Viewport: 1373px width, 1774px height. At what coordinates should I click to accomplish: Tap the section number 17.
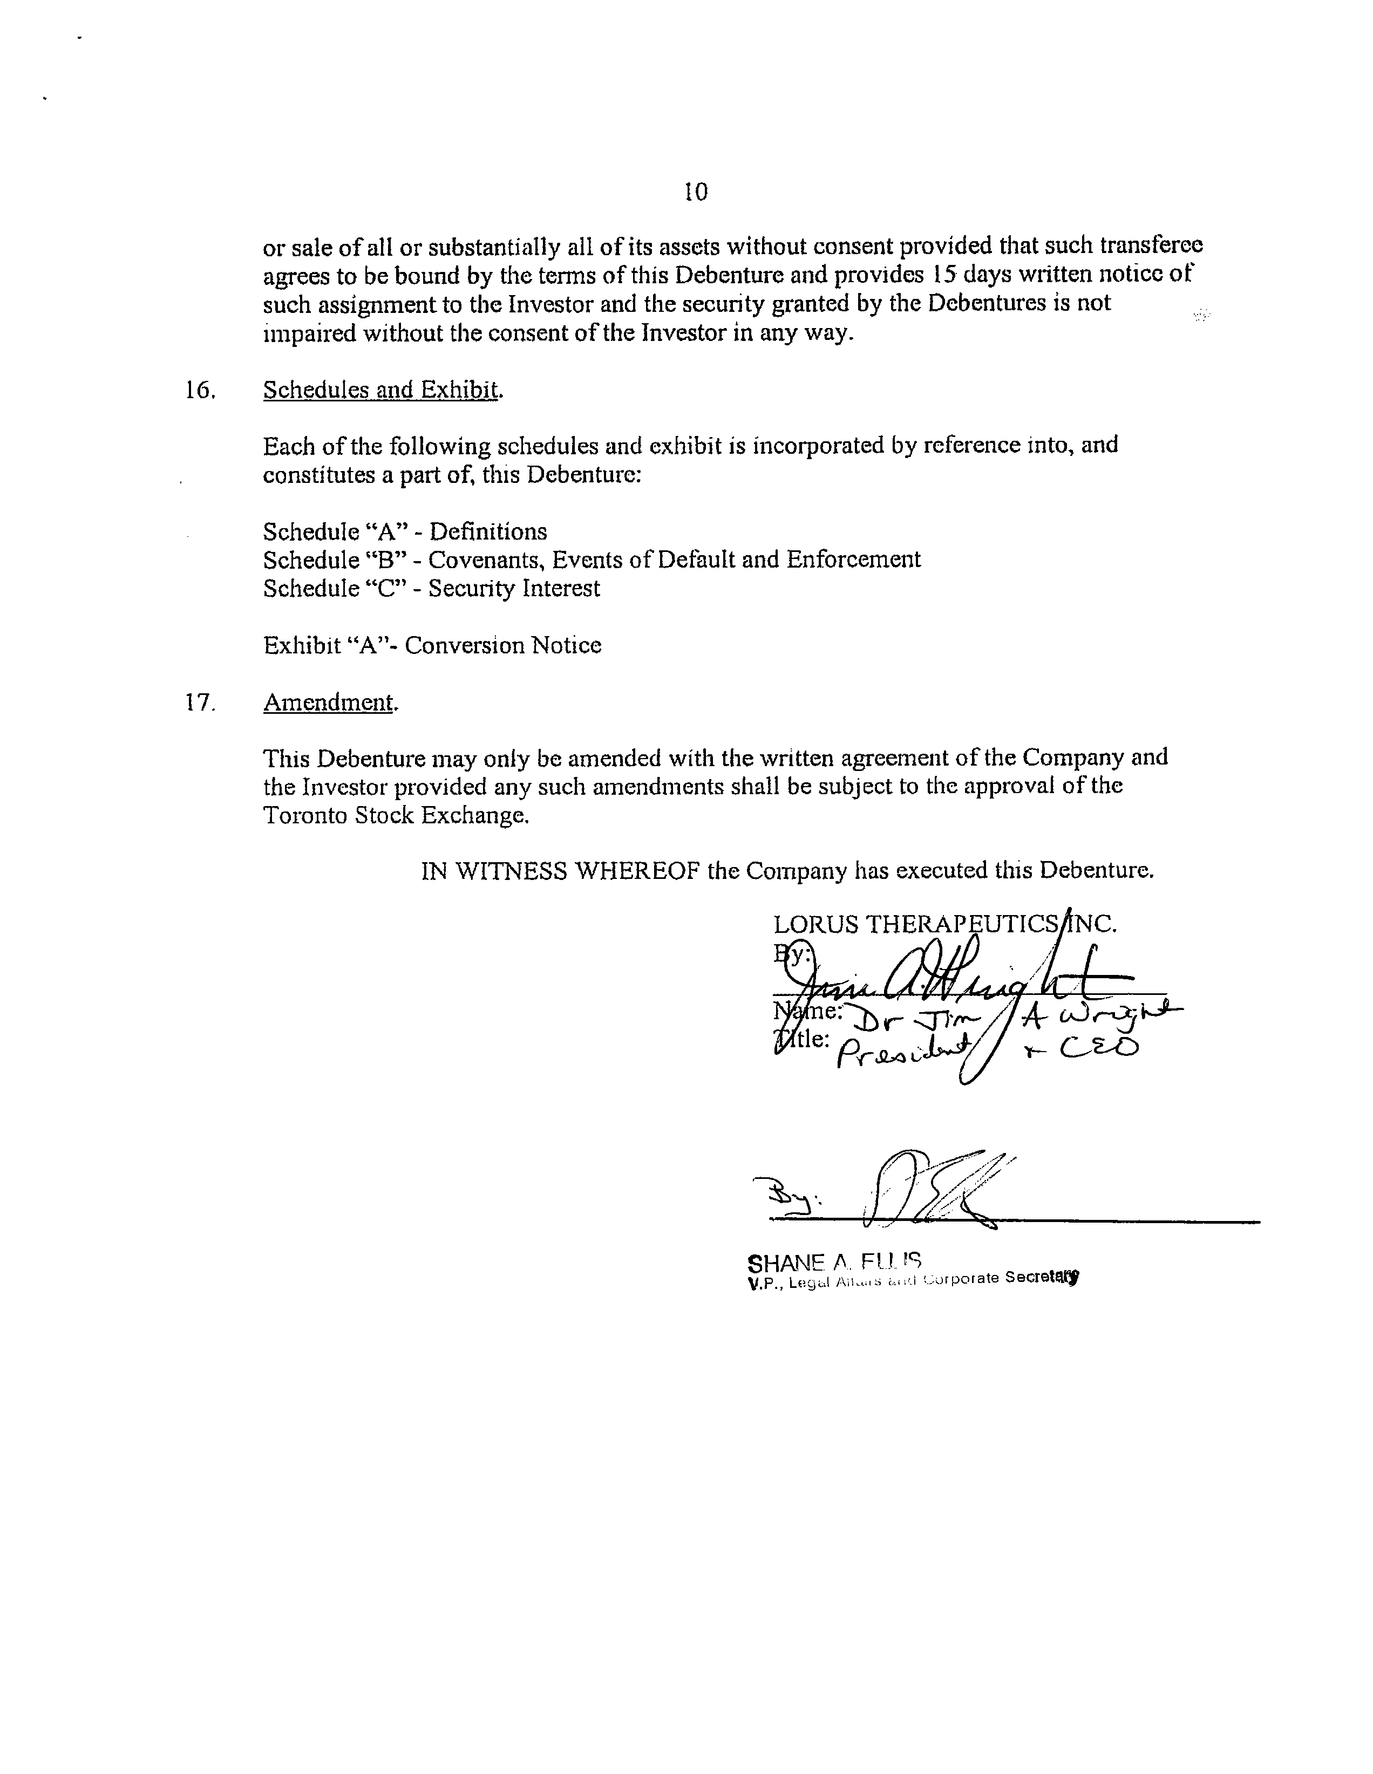coord(199,702)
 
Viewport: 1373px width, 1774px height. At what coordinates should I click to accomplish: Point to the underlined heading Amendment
coord(330,702)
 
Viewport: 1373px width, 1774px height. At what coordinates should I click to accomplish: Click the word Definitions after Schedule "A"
coord(488,532)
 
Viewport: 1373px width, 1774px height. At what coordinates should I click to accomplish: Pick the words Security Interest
coord(514,588)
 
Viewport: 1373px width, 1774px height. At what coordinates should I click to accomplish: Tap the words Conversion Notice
coord(503,646)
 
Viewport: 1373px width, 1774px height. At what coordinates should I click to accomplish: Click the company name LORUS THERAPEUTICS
coord(916,924)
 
